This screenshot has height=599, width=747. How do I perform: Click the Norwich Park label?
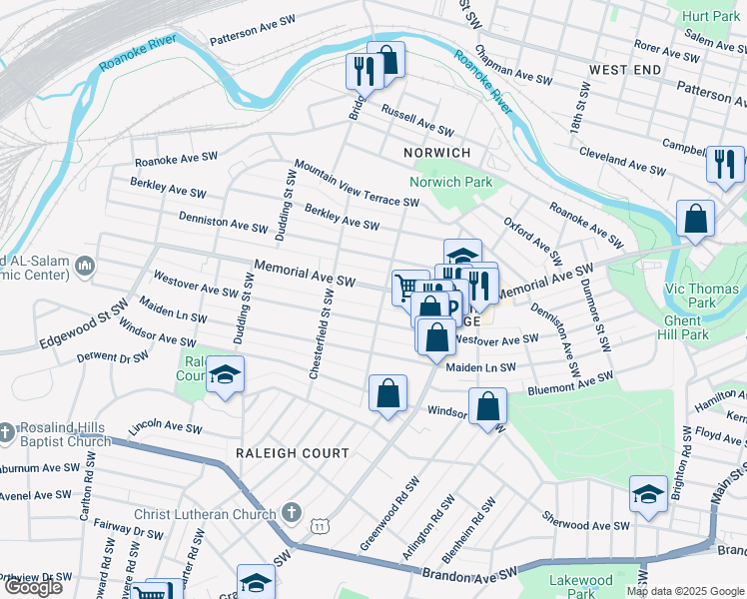click(450, 182)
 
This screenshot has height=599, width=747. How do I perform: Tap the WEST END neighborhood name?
click(625, 69)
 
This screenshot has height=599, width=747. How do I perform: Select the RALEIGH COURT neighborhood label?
click(292, 452)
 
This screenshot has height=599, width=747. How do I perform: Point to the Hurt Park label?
click(711, 17)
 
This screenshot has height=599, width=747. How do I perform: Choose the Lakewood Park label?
click(580, 586)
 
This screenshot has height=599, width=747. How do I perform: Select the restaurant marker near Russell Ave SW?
click(363, 71)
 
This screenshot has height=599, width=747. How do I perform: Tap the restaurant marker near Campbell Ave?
click(724, 163)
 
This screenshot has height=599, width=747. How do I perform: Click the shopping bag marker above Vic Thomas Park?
click(695, 220)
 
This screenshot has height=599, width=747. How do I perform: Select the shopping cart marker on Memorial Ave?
click(407, 288)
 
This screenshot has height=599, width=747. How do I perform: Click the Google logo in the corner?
click(33, 587)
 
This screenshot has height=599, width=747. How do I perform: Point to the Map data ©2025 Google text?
click(685, 591)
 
